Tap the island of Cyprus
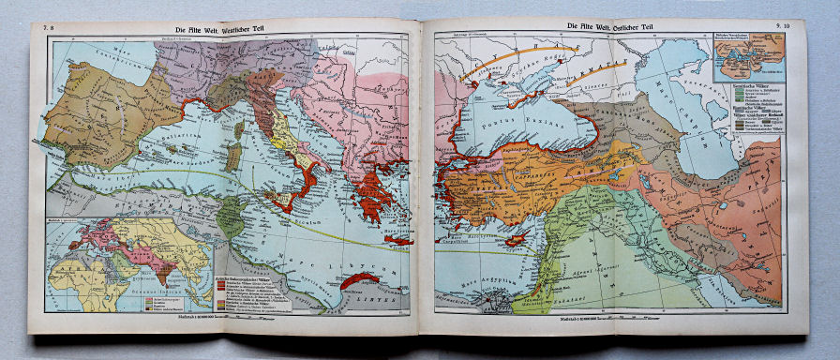pos(515,239)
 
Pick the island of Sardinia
pos(234,154)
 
